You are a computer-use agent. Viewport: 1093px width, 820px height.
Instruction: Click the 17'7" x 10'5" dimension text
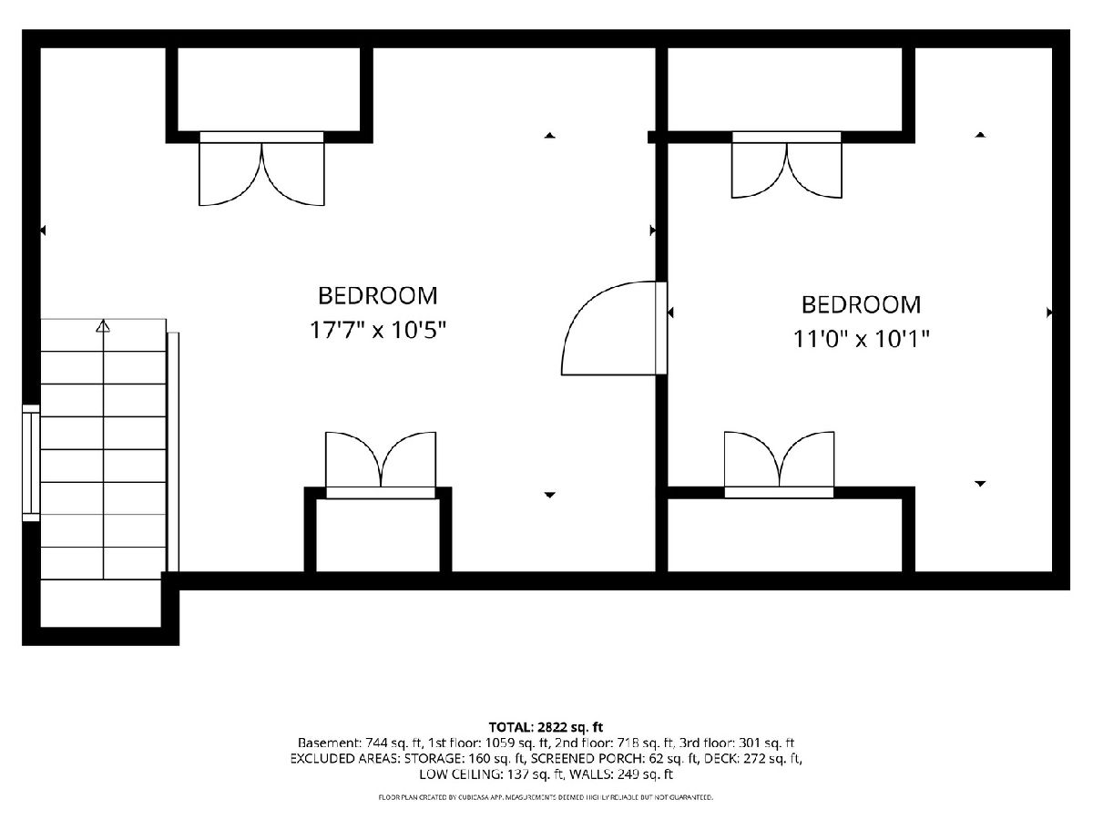(x=378, y=330)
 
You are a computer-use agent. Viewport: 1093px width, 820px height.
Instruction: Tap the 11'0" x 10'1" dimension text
(x=861, y=339)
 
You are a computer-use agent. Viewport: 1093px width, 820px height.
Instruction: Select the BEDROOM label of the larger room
(x=378, y=296)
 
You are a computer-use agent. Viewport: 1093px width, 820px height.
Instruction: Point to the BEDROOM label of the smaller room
(x=861, y=304)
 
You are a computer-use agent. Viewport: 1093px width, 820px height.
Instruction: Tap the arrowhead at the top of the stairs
(x=103, y=326)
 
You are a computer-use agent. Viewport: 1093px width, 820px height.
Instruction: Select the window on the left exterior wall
(x=31, y=463)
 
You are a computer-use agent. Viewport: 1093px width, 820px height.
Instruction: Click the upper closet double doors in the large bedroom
(x=262, y=169)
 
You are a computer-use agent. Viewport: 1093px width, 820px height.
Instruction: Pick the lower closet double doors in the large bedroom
(x=381, y=464)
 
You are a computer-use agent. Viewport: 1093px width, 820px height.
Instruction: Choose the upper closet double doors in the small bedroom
(x=787, y=165)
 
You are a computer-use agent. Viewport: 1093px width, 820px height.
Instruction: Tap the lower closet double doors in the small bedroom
(x=780, y=464)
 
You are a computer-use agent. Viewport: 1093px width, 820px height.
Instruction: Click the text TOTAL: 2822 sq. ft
(x=546, y=727)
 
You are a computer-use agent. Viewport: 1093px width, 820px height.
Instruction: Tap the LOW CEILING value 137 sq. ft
(x=536, y=774)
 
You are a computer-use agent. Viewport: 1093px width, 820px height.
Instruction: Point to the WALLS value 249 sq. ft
(x=645, y=774)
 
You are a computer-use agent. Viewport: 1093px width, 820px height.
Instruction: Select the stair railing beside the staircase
(x=173, y=452)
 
